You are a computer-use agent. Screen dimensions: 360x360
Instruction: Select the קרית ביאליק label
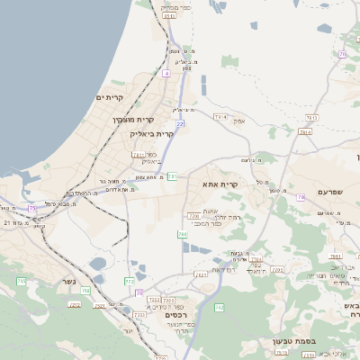tap(151, 134)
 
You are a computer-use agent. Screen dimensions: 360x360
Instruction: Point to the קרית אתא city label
tap(220, 184)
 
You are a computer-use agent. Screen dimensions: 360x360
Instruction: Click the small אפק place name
tap(240, 121)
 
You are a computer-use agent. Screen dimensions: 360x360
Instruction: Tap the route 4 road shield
tap(166, 72)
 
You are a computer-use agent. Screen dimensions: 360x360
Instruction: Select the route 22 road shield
tap(180, 123)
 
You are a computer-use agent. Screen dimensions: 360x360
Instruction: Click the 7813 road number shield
tap(311, 118)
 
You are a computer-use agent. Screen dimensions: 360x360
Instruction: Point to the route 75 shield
tap(32, 208)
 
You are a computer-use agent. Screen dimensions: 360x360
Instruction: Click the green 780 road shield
tap(183, 234)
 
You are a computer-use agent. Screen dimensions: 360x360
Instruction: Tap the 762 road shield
tap(219, 308)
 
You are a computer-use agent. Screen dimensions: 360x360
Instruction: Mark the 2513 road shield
tap(281, 354)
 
